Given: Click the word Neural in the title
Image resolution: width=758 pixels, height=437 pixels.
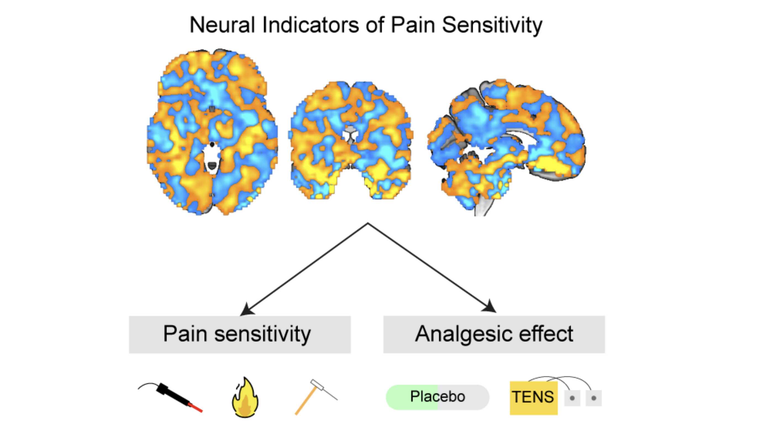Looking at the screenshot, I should click(x=222, y=25).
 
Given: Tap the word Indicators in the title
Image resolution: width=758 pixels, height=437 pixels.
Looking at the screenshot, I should click(x=310, y=25).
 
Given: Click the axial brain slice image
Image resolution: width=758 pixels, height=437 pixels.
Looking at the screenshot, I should click(x=212, y=132).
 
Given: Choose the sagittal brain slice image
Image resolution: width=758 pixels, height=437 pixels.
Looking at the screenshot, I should click(x=507, y=141).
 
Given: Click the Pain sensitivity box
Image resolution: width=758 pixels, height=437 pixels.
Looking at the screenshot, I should click(x=240, y=334).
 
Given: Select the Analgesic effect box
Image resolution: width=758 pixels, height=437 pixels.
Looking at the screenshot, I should click(x=494, y=334).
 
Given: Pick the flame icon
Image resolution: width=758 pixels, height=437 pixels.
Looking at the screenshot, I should click(x=245, y=397).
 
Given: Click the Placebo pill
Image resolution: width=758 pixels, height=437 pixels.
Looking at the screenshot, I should click(x=437, y=397).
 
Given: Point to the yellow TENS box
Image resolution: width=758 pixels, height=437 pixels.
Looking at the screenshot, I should click(x=533, y=398).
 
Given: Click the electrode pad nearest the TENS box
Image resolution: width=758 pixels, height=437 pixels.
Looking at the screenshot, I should click(x=572, y=398).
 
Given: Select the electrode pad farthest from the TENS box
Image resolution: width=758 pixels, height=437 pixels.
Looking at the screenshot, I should click(x=593, y=398).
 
